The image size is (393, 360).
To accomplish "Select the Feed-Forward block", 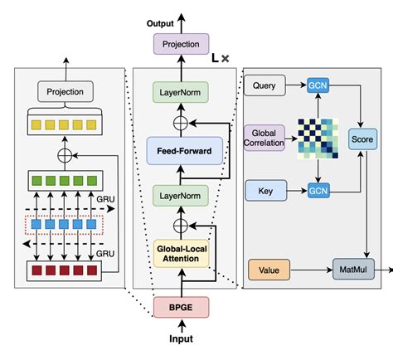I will point(186,152).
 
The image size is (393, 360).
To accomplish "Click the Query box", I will point(264,85).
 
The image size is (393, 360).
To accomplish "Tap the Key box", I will point(264,191).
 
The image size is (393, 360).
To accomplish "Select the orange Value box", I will point(269,269).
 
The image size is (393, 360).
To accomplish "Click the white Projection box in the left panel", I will point(65,90).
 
